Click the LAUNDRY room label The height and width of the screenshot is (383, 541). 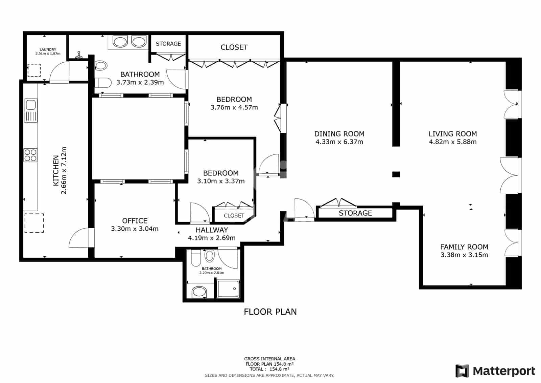click(x=48, y=49)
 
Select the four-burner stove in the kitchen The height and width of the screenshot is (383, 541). click(x=30, y=155)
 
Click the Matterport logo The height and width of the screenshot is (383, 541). click(x=495, y=371)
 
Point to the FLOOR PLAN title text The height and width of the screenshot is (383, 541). click(x=270, y=312)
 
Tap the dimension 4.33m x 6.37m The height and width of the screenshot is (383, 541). click(x=339, y=142)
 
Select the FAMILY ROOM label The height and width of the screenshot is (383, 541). click(x=464, y=247)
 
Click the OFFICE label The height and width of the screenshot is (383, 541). click(x=135, y=221)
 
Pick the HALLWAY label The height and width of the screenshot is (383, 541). click(x=212, y=230)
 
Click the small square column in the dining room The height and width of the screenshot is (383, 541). click(x=396, y=174)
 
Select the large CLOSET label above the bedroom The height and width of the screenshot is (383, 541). click(x=234, y=47)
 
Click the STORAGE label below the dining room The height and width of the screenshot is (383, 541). click(x=355, y=213)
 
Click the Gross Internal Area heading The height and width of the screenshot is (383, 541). click(x=269, y=359)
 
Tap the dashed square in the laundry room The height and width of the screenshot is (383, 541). click(x=34, y=70)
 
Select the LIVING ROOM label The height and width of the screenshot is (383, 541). click(x=452, y=134)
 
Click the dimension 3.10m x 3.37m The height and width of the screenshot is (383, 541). click(x=221, y=181)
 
